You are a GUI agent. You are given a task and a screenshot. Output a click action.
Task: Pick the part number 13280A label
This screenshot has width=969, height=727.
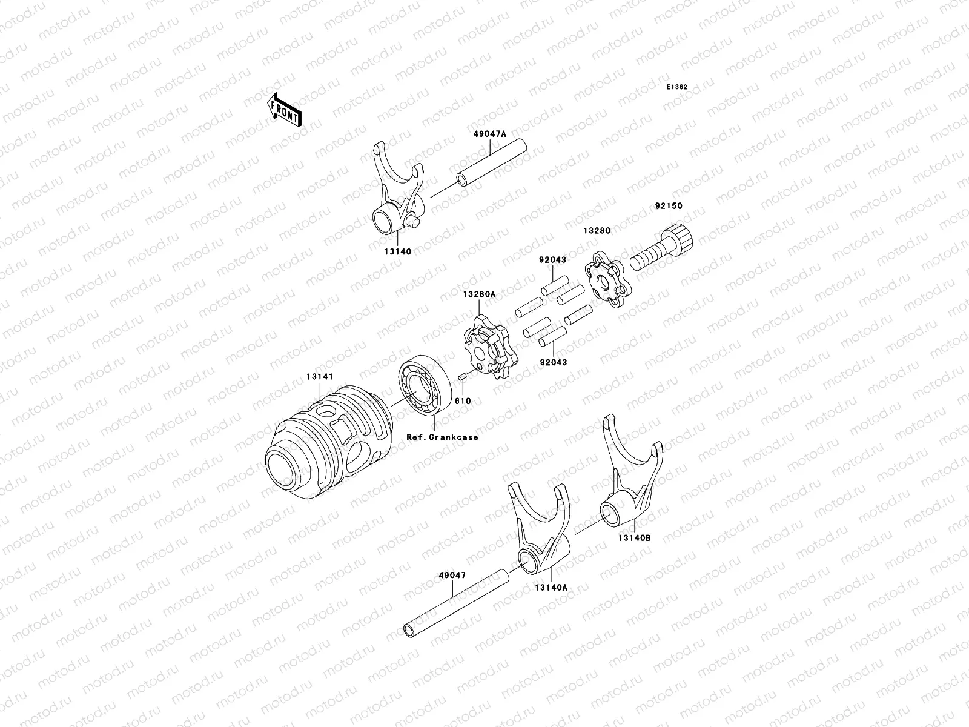tap(479, 294)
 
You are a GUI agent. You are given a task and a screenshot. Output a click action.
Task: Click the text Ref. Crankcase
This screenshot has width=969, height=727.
tap(442, 436)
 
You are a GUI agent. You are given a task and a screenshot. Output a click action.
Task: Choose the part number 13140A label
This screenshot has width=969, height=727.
tap(551, 587)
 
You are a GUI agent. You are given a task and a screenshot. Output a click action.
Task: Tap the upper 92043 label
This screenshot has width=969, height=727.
tap(552, 260)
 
